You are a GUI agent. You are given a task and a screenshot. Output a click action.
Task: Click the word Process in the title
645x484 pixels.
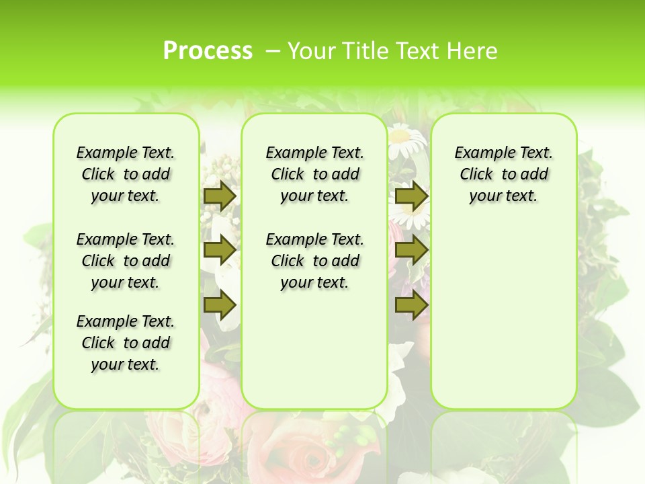click(x=208, y=50)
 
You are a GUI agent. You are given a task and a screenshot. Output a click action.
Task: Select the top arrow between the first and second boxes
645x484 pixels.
click(x=220, y=196)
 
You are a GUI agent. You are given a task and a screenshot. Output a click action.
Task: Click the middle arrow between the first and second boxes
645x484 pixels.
click(x=220, y=250)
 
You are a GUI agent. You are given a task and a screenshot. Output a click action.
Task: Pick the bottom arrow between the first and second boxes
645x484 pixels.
click(x=220, y=305)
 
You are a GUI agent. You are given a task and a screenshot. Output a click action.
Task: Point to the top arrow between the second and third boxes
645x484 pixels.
click(x=411, y=196)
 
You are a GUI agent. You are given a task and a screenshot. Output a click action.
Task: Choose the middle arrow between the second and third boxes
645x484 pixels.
click(x=411, y=250)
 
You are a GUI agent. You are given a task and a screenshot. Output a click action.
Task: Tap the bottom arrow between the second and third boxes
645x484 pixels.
click(x=411, y=305)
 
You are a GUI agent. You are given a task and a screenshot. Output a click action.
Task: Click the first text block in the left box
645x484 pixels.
click(x=126, y=174)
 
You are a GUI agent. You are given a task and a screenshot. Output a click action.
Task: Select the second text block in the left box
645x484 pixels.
click(x=126, y=261)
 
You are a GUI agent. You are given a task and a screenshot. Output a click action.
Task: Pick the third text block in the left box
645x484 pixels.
click(x=126, y=343)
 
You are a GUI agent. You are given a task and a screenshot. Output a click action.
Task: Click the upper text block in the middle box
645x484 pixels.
click(x=314, y=174)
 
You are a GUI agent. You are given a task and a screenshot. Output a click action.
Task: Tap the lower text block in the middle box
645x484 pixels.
click(x=314, y=261)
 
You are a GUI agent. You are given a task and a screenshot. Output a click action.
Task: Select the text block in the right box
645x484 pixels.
click(x=503, y=174)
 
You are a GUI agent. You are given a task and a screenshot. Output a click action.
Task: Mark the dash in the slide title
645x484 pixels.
click(x=273, y=50)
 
